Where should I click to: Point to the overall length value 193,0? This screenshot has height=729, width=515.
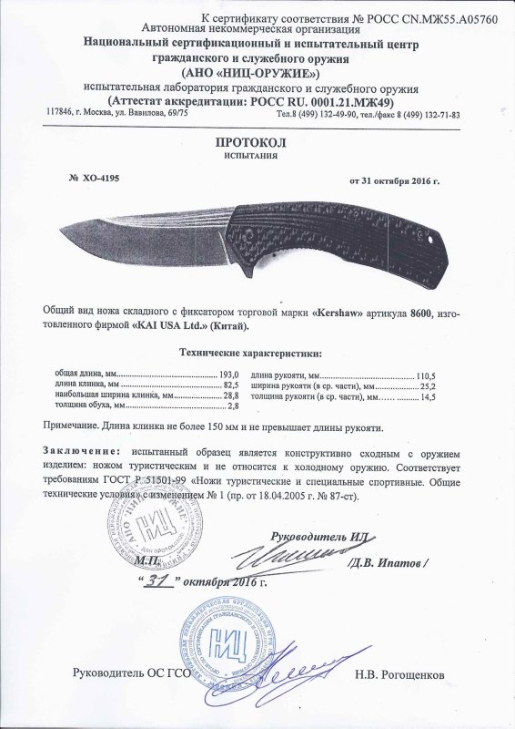(227, 375)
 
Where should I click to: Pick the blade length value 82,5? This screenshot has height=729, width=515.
(229, 385)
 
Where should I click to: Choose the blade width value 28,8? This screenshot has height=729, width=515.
(229, 396)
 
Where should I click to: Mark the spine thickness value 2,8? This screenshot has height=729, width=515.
(232, 407)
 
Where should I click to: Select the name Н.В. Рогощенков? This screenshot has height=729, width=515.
(400, 674)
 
